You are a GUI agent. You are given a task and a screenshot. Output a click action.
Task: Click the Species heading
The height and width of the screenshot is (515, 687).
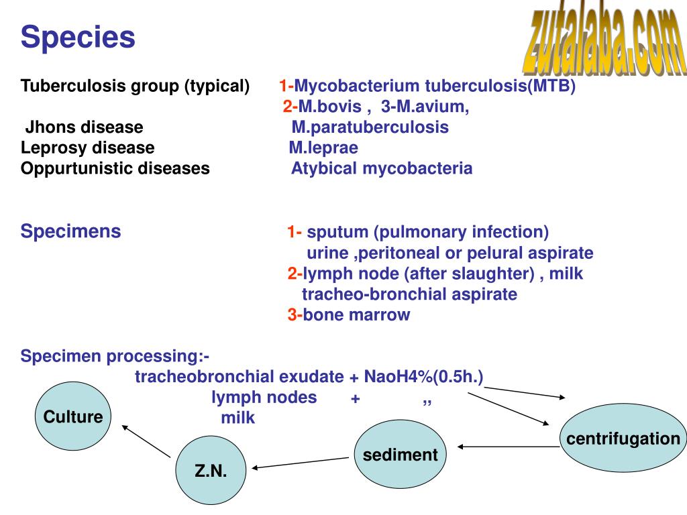pyautogui.click(x=78, y=38)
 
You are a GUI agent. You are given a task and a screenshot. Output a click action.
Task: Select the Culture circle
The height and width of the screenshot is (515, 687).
pyautogui.click(x=73, y=416)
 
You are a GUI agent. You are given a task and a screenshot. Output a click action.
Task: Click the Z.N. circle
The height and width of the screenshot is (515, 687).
pyautogui.click(x=211, y=471)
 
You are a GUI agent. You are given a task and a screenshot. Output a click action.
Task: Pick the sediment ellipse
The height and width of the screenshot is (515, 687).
pyautogui.click(x=401, y=455)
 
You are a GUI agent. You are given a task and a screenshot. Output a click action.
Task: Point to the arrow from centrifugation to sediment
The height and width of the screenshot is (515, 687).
pyautogui.click(x=508, y=447)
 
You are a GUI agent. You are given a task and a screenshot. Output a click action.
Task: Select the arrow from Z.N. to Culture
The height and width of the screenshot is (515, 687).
pyautogui.click(x=146, y=441)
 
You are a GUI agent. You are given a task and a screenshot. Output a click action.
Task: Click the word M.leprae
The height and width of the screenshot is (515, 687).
pyautogui.click(x=323, y=148)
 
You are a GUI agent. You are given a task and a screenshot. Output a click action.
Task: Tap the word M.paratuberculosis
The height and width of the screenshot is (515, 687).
pyautogui.click(x=370, y=127)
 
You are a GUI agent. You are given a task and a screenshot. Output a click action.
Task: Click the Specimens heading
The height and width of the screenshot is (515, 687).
pyautogui.click(x=71, y=232)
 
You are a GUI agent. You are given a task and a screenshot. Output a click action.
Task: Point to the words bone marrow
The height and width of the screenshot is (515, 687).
pyautogui.click(x=356, y=315)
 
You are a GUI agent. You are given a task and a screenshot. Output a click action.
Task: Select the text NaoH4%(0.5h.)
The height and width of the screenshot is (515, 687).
pyautogui.click(x=423, y=377)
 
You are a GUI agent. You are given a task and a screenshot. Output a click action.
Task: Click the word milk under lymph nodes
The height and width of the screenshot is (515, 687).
pyautogui.click(x=238, y=418)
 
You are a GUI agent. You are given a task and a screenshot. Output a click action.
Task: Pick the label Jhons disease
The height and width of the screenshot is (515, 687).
pyautogui.click(x=85, y=127)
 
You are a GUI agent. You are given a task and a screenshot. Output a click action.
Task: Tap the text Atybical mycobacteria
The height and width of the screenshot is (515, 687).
pyautogui.click(x=382, y=168)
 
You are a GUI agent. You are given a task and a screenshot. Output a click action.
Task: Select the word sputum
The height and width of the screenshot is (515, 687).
pyautogui.click(x=338, y=233)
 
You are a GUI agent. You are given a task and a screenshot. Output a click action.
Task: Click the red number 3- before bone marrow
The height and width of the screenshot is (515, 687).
pyautogui.click(x=295, y=315)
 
